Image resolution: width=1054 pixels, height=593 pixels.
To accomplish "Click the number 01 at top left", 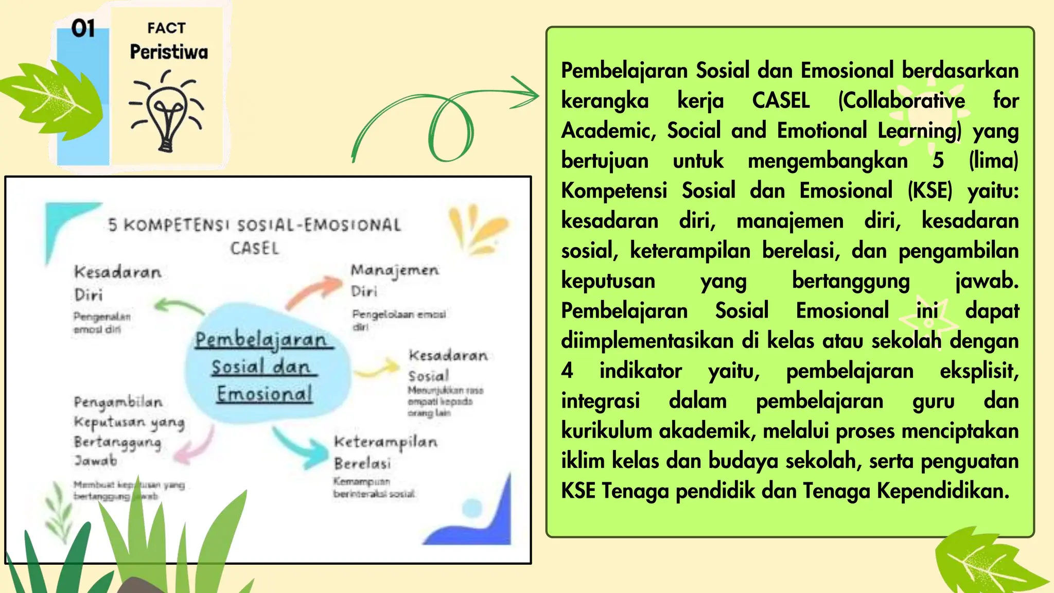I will pos(83,28).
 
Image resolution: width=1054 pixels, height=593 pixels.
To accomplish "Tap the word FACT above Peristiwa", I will pos(166,28).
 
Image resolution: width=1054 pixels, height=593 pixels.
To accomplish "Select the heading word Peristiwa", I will pos(169,52).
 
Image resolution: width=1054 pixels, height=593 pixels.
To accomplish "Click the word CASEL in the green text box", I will pos(781,100).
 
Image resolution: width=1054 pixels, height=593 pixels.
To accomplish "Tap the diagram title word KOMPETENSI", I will pos(177,225).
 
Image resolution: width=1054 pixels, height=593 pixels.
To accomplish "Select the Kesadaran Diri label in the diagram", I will pos(117,283).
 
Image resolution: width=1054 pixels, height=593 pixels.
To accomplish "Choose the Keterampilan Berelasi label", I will pos(385,451).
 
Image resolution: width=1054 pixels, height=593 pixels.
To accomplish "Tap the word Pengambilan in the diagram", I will pos(118,402).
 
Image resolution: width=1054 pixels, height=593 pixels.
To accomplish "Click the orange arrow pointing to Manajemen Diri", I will pos(315,291).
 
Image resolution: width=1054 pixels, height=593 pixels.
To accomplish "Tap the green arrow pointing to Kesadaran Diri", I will pos(178,306).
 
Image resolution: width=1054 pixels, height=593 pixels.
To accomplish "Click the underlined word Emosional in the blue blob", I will pos(264,394).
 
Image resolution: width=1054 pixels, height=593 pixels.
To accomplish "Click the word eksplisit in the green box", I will pos(979,371).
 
